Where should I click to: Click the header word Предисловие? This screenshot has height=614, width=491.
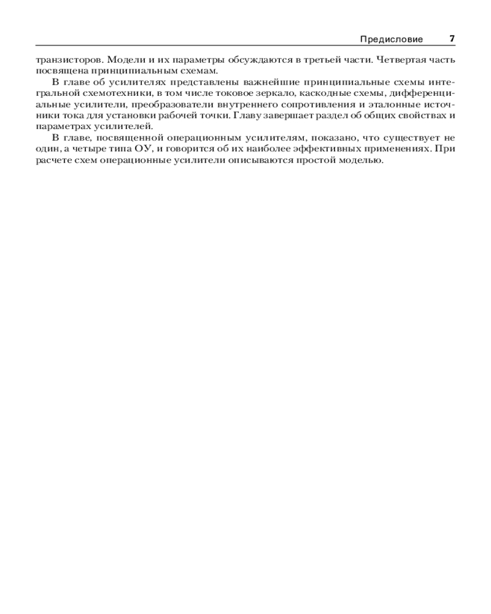(x=391, y=39)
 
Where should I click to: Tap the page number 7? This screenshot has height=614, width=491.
(x=452, y=39)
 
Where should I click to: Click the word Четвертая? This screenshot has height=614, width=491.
(x=396, y=60)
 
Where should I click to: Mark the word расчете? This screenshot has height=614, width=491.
(x=53, y=159)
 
